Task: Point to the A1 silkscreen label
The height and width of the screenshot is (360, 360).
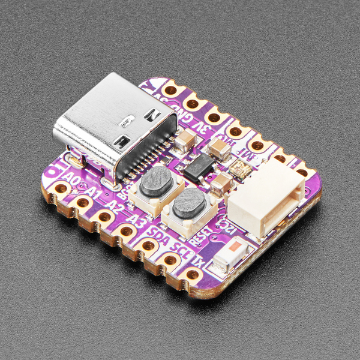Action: point(92,192)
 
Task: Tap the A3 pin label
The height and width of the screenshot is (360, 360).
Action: point(139,220)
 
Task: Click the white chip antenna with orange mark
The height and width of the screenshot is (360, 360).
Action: point(233,254)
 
